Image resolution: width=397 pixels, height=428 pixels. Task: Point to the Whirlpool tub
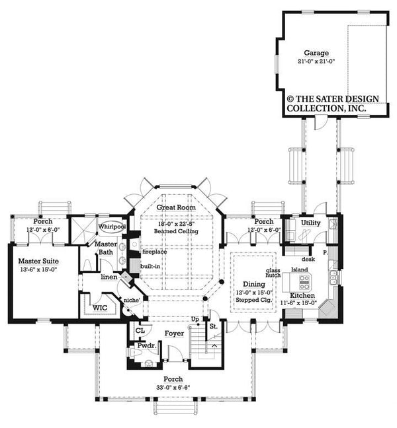click(112, 227)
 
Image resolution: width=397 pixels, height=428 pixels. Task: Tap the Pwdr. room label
click(147, 345)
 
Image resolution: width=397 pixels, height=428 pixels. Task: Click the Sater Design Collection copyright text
click(333, 103)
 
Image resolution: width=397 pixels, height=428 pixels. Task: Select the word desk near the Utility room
click(308, 259)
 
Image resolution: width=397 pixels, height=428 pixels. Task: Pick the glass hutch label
click(273, 273)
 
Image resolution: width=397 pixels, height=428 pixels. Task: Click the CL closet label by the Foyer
click(140, 330)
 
